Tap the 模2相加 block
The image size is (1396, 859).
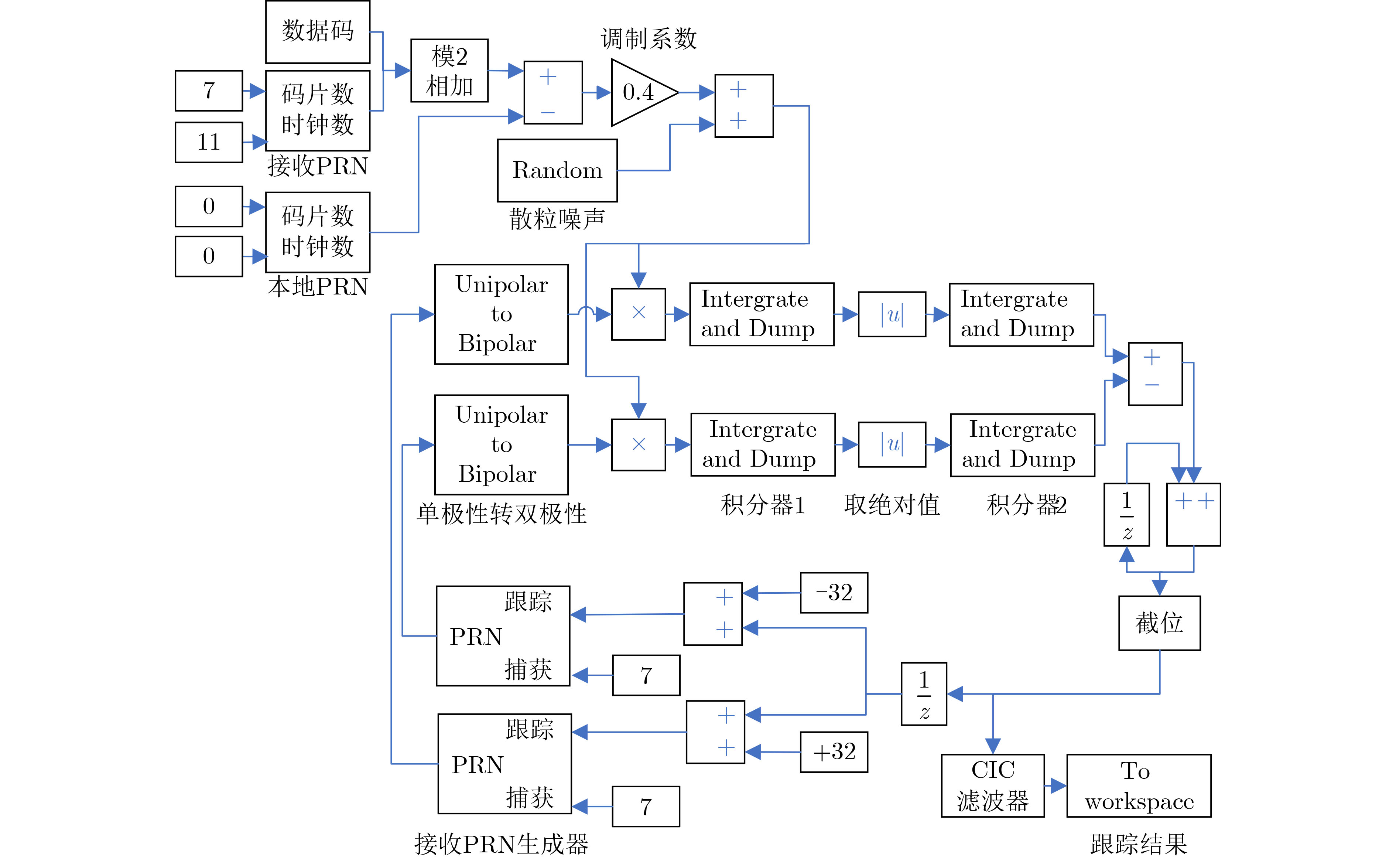449,71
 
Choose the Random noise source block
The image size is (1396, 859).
557,170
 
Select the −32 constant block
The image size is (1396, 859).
834,593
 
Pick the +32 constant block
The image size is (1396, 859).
834,751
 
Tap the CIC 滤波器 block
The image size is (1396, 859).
992,785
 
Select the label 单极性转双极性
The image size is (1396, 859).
501,514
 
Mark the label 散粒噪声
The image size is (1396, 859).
557,219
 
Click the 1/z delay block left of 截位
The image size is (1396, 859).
923,694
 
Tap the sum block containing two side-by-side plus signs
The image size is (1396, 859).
1193,514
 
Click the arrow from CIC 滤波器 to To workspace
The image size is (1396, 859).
1055,786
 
